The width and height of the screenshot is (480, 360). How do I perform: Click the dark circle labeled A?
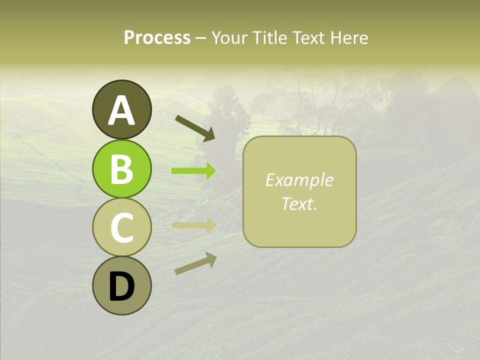(121, 109)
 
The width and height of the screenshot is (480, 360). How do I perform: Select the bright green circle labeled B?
(121, 169)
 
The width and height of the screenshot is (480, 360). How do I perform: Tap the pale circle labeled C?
(121, 227)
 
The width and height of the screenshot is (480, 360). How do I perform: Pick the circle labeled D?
(121, 285)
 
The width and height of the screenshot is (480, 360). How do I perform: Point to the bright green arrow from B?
(193, 171)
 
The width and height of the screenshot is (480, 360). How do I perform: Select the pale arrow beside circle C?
(193, 225)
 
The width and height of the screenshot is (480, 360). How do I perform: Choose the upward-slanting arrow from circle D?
(195, 263)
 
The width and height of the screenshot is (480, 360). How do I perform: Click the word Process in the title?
(157, 38)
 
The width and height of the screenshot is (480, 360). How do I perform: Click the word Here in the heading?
(349, 38)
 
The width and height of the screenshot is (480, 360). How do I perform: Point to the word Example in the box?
(299, 180)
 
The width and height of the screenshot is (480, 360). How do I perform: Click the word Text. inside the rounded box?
(299, 203)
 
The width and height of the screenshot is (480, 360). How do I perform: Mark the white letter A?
(121, 110)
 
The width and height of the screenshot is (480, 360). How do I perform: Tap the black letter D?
(121, 286)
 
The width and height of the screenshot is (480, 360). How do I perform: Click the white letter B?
(121, 169)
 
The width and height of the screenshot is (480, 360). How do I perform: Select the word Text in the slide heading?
(307, 38)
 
